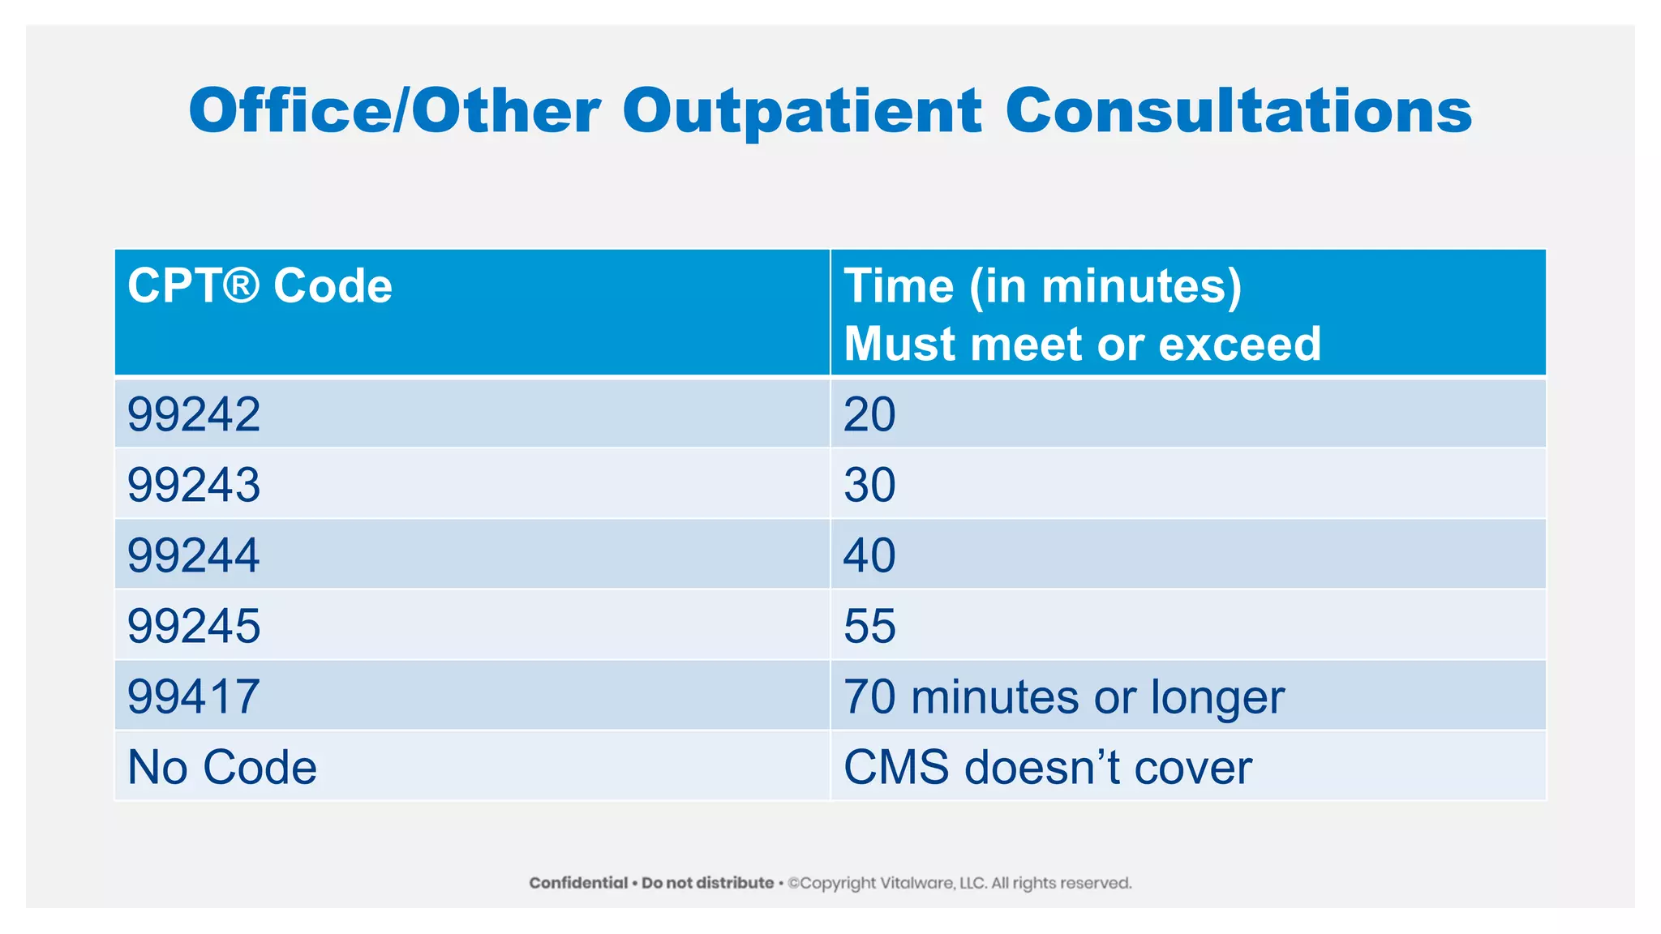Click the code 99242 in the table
pyautogui.click(x=193, y=414)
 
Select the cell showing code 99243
pyautogui.click(x=193, y=485)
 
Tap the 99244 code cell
pyautogui.click(x=193, y=555)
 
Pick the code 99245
pyautogui.click(x=193, y=626)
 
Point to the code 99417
pyautogui.click(x=193, y=696)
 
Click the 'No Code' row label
pyautogui.click(x=221, y=767)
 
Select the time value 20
pyautogui.click(x=869, y=414)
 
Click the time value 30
pyautogui.click(x=869, y=485)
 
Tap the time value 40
pyautogui.click(x=869, y=555)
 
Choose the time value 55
pyautogui.click(x=869, y=626)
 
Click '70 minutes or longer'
pyautogui.click(x=1063, y=696)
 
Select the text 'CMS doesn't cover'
pyautogui.click(x=1047, y=767)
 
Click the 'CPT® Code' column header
pyautogui.click(x=260, y=286)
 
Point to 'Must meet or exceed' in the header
pyautogui.click(x=1082, y=344)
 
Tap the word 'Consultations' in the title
pyautogui.click(x=1238, y=111)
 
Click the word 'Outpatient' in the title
pyautogui.click(x=801, y=111)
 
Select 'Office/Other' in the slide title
pyautogui.click(x=395, y=111)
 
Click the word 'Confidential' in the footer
pyautogui.click(x=578, y=883)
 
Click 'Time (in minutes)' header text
pyautogui.click(x=1042, y=286)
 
